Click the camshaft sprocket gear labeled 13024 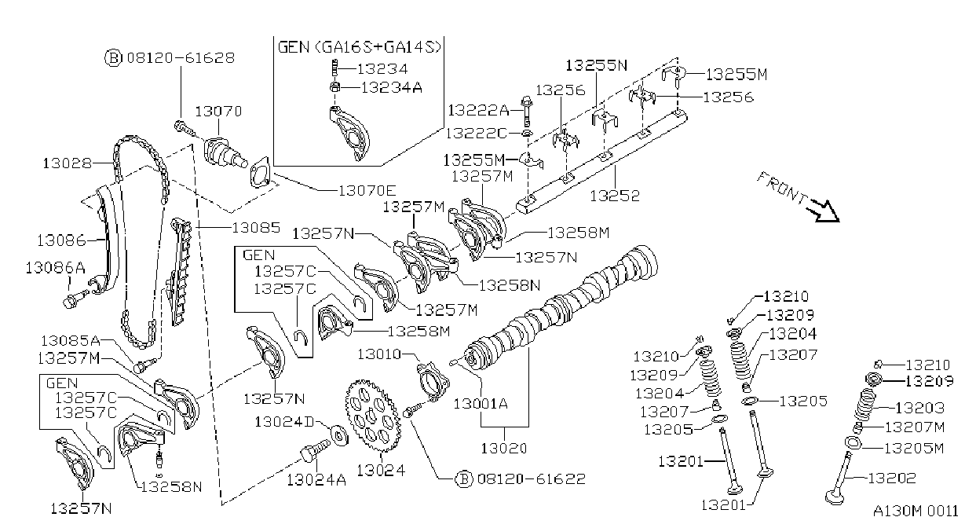click(x=371, y=416)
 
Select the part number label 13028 click(x=68, y=163)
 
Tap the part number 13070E click(x=367, y=190)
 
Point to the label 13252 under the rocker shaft click(x=615, y=196)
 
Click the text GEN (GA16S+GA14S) click(x=360, y=47)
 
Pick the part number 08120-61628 click(x=181, y=58)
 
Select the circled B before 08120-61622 click(x=463, y=478)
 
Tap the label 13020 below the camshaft click(x=504, y=449)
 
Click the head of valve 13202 click(x=835, y=497)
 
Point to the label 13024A click(x=316, y=480)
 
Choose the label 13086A click(x=55, y=268)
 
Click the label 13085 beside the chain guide click(x=256, y=228)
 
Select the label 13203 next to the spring click(x=919, y=408)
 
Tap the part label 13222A click(x=479, y=110)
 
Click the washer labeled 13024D click(x=339, y=435)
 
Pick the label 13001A click(x=481, y=404)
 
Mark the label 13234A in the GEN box click(x=391, y=88)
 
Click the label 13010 click(x=378, y=354)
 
